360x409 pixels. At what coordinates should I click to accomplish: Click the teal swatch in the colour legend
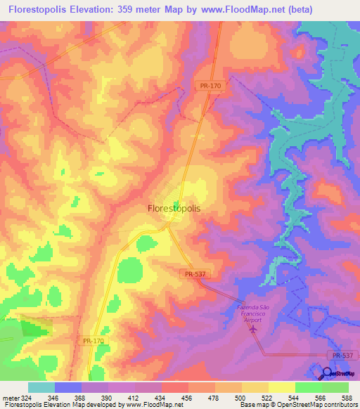41,387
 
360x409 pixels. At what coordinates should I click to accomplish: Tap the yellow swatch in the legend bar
282,387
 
